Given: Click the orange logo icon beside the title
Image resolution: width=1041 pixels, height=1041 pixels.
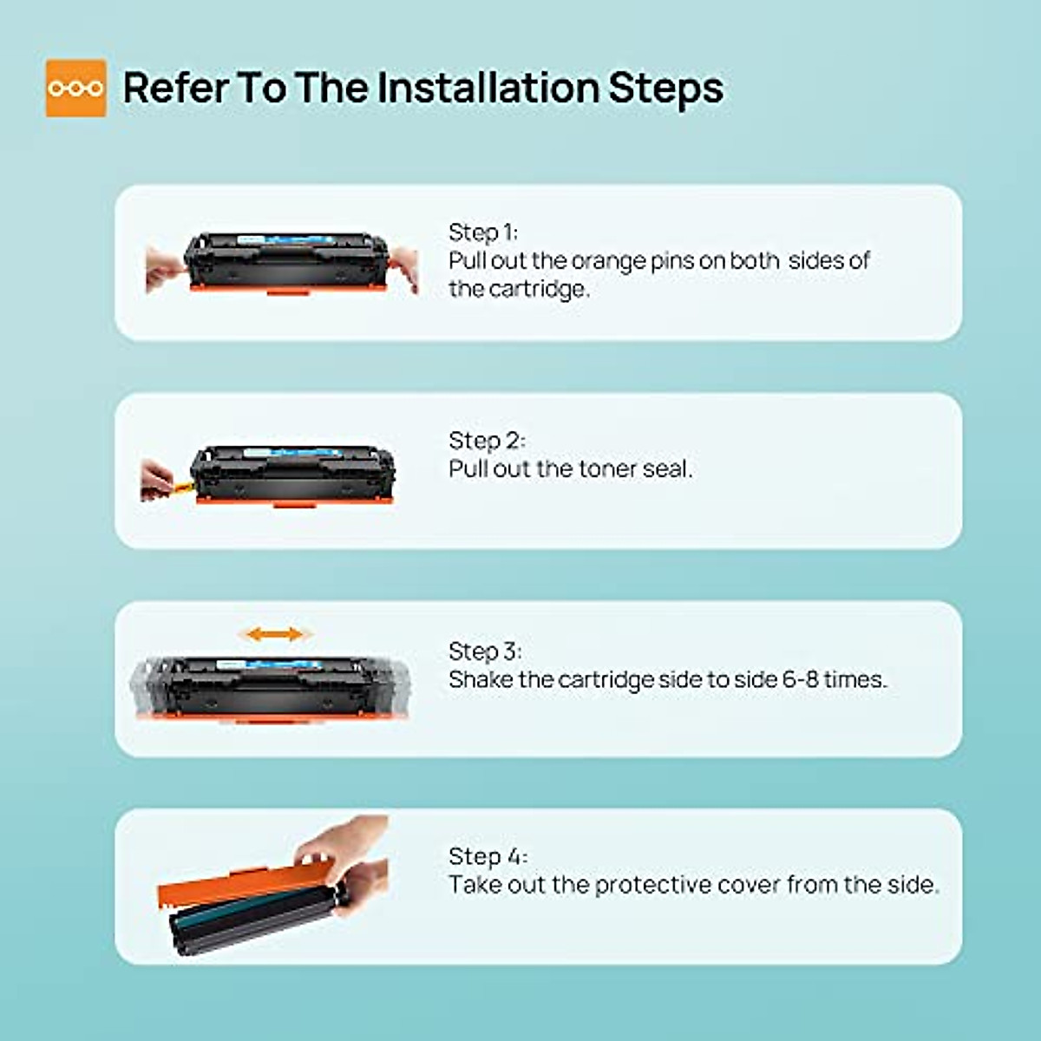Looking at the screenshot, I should pos(75,88).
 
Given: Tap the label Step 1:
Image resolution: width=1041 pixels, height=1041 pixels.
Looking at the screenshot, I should pos(482,232).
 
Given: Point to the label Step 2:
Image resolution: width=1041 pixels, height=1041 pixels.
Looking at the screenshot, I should pos(486,441).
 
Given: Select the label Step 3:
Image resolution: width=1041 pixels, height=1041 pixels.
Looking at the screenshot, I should pos(484,651).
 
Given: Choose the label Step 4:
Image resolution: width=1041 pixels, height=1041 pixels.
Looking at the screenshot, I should pos(487,857).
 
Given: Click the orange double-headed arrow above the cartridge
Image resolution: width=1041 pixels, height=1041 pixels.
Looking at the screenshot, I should pos(275,635).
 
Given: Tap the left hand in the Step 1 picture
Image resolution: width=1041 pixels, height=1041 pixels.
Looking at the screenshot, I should pos(163,267).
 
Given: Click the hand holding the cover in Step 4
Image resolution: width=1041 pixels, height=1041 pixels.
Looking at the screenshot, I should pos(347,854).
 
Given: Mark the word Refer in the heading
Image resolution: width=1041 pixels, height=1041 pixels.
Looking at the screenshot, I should pos(173,88).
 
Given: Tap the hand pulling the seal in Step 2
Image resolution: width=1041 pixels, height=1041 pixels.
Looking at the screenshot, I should pos(156,480).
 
